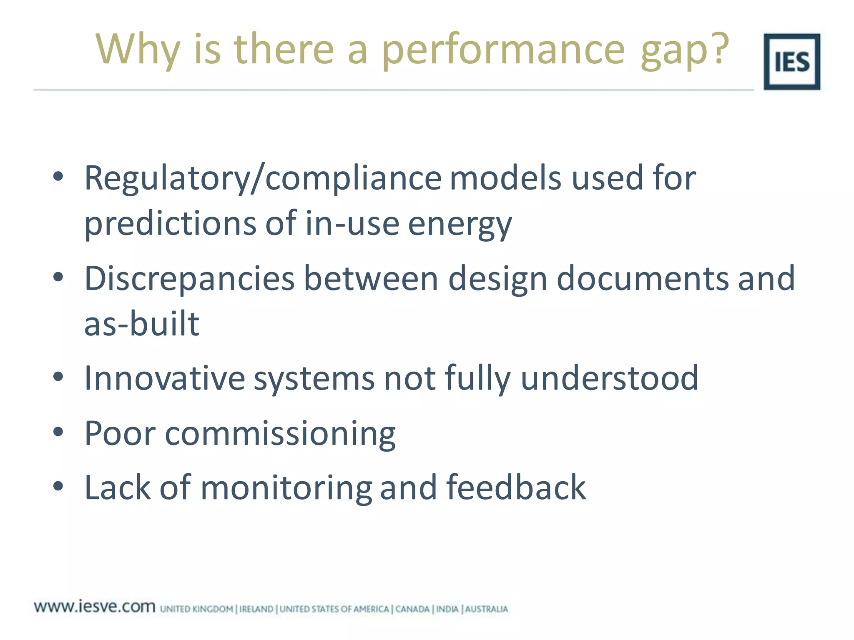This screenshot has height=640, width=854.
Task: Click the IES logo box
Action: [x=791, y=62]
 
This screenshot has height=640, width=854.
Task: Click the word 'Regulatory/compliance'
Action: [x=263, y=178]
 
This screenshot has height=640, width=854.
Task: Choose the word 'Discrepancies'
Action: [x=189, y=278]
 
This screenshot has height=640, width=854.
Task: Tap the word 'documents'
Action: [x=642, y=278]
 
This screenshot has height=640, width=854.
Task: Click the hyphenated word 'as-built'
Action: [x=142, y=323]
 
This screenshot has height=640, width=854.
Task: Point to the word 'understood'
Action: [x=609, y=378]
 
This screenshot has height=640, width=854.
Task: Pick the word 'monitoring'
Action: [x=286, y=488]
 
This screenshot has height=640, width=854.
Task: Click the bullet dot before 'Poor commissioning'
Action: [x=58, y=432]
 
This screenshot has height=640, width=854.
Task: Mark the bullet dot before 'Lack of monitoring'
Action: [x=58, y=486]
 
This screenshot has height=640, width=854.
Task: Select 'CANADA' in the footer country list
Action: [x=412, y=609]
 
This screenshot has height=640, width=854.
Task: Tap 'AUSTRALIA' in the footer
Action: [x=486, y=609]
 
